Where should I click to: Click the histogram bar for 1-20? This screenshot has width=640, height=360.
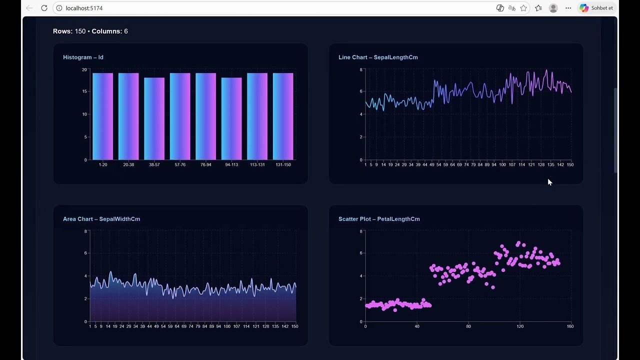[102, 116]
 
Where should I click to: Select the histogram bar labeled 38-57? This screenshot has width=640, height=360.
[154, 118]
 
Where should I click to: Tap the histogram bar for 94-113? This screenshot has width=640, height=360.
[231, 118]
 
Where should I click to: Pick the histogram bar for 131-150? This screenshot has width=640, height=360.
[283, 116]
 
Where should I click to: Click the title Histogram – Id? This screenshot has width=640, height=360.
[83, 57]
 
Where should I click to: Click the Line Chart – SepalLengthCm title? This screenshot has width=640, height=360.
[378, 57]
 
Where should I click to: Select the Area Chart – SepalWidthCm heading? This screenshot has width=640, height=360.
[101, 219]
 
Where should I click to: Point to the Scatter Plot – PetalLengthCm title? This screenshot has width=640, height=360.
[379, 219]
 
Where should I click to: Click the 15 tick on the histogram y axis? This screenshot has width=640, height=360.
[84, 91]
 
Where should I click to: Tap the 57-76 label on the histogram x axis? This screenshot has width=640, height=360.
[180, 164]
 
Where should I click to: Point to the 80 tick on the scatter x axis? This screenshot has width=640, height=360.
[468, 326]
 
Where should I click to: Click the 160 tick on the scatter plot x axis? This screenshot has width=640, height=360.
[570, 326]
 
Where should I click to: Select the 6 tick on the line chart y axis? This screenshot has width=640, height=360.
[361, 91]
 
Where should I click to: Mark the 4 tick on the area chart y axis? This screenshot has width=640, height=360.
[85, 276]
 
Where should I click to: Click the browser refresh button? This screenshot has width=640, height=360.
[44, 8]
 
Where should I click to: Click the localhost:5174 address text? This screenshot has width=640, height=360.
[84, 8]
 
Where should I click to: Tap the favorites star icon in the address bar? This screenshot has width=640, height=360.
[523, 8]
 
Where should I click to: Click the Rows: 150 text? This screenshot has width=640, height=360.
[69, 31]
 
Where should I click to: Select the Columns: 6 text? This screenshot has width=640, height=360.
[109, 31]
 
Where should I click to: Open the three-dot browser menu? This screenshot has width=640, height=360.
[568, 8]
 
